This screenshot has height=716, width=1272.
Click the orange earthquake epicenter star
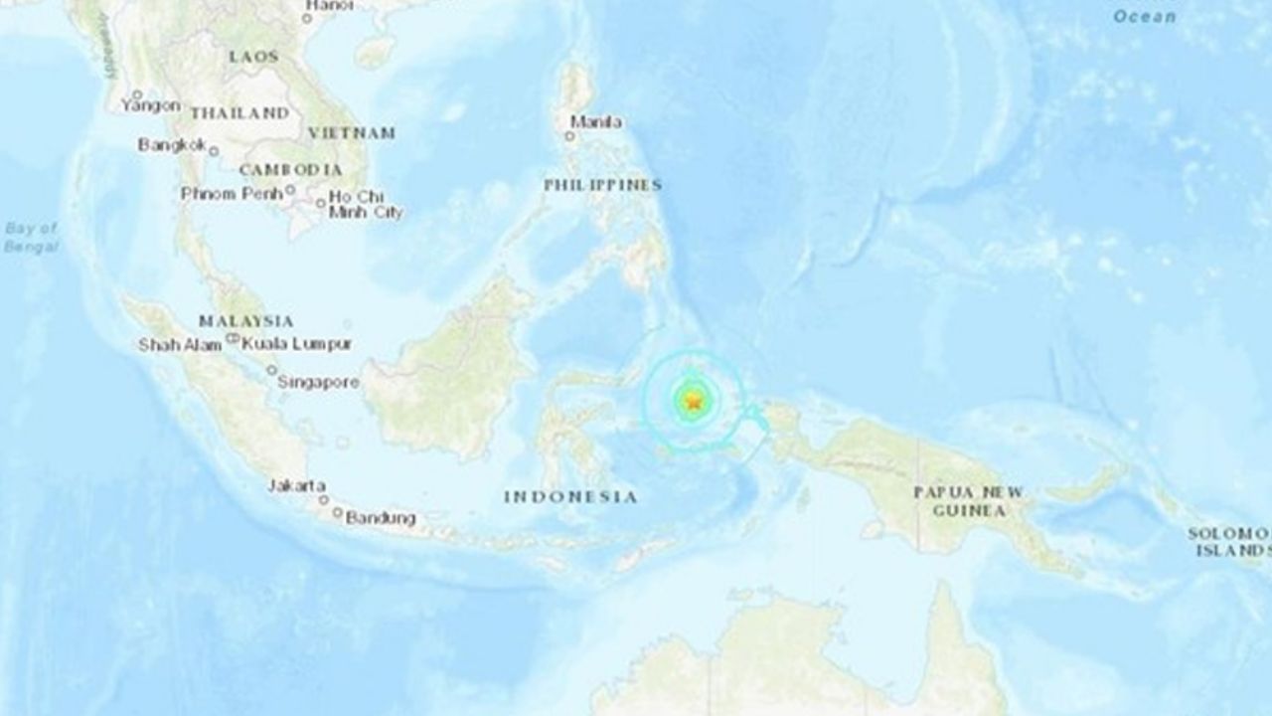(x=694, y=402)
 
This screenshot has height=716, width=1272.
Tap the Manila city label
(x=596, y=122)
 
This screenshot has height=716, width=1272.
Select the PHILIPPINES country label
(x=602, y=186)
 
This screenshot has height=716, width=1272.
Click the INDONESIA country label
(x=570, y=496)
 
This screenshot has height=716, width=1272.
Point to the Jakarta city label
(x=296, y=485)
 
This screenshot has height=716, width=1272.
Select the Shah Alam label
(x=182, y=345)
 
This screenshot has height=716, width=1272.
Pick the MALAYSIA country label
(x=245, y=321)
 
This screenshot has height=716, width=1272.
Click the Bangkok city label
(x=171, y=145)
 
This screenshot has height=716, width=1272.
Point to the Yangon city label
(x=150, y=104)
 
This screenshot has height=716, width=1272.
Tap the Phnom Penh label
(x=232, y=193)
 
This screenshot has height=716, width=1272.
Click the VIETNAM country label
(x=351, y=132)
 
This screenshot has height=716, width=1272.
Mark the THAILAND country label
(x=239, y=113)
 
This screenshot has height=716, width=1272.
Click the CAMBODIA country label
(x=290, y=169)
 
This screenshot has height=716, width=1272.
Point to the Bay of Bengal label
(x=31, y=237)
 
